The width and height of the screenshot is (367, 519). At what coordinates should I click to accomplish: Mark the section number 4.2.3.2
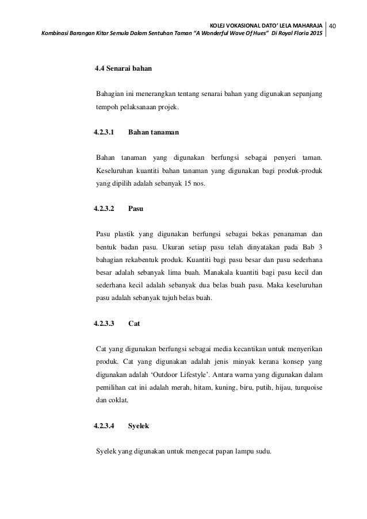(104, 209)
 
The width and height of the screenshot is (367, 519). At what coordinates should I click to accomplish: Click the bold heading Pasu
(135, 209)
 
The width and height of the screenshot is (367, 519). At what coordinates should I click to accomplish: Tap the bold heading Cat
(134, 324)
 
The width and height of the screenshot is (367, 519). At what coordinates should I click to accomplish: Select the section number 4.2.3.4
(104, 426)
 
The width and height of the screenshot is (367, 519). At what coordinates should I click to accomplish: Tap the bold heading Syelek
(139, 426)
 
